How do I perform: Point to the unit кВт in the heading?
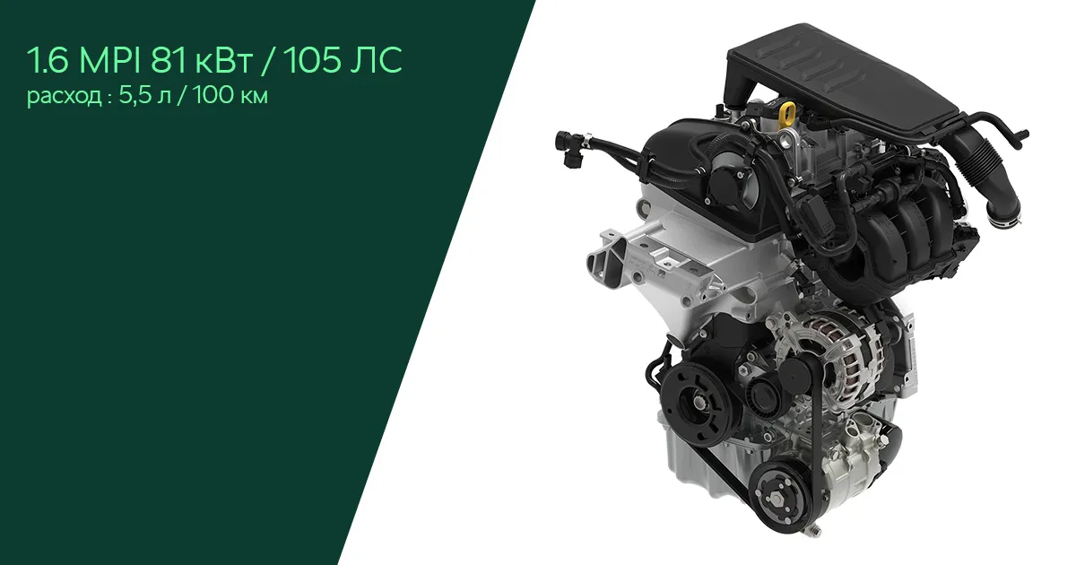point(223,64)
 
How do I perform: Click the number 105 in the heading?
point(314,61)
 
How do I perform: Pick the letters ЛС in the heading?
point(377,61)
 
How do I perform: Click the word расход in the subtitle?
point(64,97)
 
